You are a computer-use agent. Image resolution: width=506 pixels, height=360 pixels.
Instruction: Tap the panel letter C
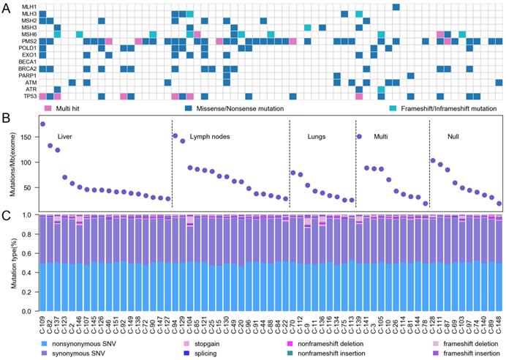[x=5, y=214]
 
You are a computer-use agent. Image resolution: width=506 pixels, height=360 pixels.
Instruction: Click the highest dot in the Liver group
[x=42, y=124]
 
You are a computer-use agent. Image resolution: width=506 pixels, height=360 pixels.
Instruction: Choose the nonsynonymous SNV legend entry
[x=73, y=342]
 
